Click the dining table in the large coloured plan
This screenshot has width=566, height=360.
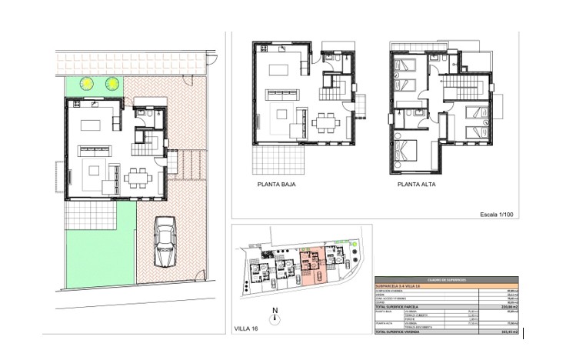pyautogui.click(x=139, y=178)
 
